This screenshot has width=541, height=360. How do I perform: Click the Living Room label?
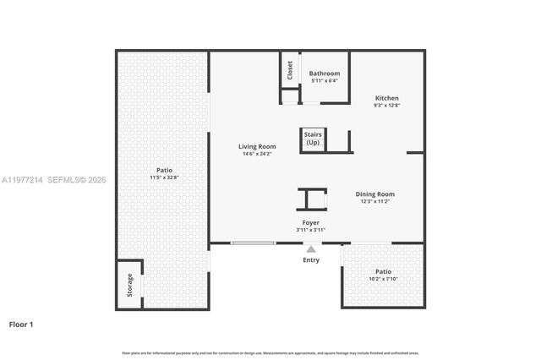[257, 146]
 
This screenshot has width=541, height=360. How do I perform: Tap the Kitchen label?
[387, 98]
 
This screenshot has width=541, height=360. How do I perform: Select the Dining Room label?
[374, 194]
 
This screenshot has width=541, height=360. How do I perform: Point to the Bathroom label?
[325, 74]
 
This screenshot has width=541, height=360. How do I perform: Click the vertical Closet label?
[289, 68]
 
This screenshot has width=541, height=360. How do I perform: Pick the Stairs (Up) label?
[313, 138]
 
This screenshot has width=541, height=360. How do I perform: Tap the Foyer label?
[311, 222]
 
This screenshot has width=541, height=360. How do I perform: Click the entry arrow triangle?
[311, 248]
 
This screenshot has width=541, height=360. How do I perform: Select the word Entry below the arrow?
[311, 259]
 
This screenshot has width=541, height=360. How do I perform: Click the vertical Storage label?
[129, 285]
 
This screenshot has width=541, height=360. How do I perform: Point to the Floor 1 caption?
[21, 324]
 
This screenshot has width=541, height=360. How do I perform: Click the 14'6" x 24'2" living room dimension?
[257, 154]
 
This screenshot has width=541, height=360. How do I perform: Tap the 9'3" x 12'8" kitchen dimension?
[387, 106]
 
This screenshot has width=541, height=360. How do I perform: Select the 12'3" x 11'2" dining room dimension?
[374, 202]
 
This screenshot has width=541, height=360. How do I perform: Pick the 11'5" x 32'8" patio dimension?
[164, 177]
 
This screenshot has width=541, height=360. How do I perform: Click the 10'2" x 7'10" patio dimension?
[383, 278]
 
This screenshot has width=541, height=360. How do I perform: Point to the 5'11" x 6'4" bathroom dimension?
[325, 81]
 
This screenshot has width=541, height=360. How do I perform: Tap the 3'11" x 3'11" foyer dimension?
[311, 230]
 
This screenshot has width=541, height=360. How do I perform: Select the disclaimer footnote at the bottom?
[270, 352]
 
